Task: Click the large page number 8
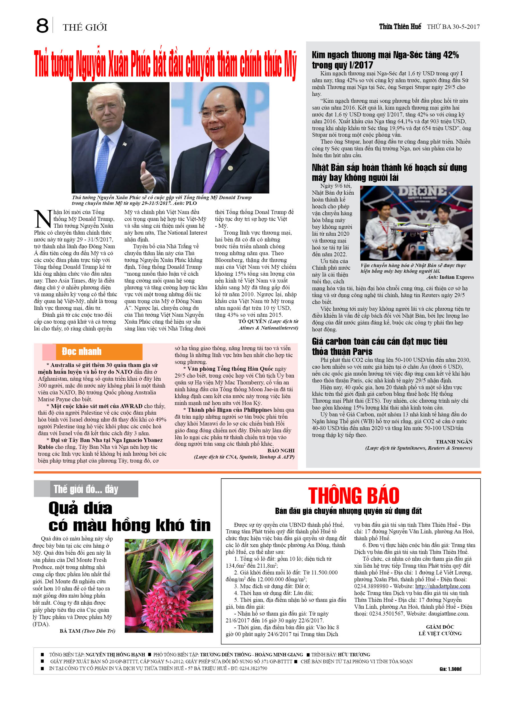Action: (x=43, y=26)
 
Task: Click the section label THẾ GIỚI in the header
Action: (x=85, y=27)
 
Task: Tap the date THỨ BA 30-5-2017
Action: (x=453, y=27)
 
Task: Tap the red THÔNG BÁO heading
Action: (x=354, y=496)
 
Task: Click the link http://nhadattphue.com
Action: (x=442, y=586)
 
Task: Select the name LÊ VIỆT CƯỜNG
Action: (x=440, y=634)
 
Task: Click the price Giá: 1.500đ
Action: (x=450, y=669)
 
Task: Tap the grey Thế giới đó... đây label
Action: (x=86, y=489)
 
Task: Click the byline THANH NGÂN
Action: (x=454, y=442)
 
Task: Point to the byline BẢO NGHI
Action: (x=281, y=451)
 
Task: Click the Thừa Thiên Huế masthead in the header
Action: (x=400, y=27)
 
